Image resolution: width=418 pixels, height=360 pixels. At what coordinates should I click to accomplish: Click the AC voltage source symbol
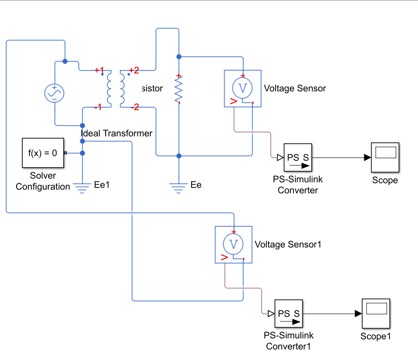click(x=54, y=93)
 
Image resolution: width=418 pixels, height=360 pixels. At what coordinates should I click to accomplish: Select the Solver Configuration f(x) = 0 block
click(x=43, y=152)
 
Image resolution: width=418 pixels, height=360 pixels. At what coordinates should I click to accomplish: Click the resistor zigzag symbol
click(x=179, y=90)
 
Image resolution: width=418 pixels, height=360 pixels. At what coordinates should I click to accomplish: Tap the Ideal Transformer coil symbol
click(x=115, y=89)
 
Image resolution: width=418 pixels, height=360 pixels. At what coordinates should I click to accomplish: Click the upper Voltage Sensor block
click(x=243, y=88)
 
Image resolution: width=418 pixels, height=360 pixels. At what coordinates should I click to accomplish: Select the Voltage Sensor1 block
click(x=233, y=244)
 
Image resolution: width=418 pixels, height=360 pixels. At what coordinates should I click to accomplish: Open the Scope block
click(x=385, y=157)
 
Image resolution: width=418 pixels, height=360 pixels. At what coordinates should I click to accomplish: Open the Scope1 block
click(x=376, y=314)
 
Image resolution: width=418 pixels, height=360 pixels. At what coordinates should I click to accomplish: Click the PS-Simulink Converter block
click(x=298, y=157)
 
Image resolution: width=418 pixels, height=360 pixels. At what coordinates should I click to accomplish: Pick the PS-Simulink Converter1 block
click(x=289, y=314)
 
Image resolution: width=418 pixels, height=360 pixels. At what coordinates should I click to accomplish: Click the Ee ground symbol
click(x=179, y=186)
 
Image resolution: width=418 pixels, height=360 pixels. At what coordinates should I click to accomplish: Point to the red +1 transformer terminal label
click(x=99, y=70)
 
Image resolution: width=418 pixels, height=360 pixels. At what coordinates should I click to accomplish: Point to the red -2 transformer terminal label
click(x=135, y=107)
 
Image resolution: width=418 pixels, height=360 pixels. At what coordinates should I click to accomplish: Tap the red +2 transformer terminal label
click(x=134, y=70)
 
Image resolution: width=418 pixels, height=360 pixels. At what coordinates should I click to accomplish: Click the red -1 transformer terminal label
click(x=97, y=107)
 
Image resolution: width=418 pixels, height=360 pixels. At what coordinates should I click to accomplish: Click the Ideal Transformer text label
click(x=116, y=133)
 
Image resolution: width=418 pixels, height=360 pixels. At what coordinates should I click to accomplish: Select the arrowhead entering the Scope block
click(x=367, y=157)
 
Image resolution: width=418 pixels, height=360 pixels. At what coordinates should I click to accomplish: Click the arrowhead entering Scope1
click(x=358, y=314)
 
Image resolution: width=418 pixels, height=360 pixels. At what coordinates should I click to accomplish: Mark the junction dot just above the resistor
click(x=179, y=56)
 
